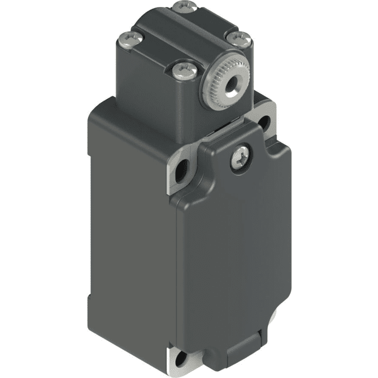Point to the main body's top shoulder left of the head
pyautogui.click(x=104, y=112)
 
